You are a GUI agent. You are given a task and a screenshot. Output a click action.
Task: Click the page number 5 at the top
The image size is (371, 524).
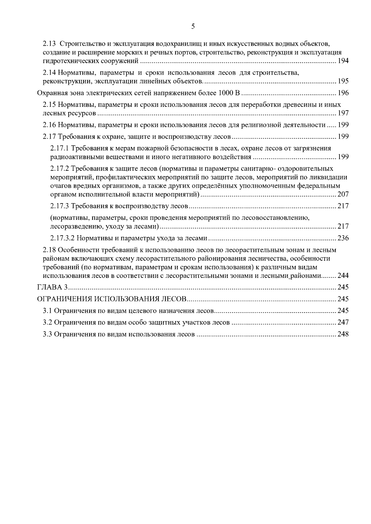click(193, 27)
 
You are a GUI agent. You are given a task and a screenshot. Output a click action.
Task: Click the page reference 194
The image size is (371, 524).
click(343, 61)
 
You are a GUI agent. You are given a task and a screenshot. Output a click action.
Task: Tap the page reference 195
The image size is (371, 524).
click(343, 82)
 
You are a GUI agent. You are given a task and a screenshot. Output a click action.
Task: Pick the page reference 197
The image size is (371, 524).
click(343, 113)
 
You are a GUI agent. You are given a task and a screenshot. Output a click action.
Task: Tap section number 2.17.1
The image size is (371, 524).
click(60, 149)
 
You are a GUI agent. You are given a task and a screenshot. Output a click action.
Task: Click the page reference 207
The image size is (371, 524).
click(343, 195)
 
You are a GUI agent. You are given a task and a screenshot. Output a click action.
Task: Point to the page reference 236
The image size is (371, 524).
click(343, 238)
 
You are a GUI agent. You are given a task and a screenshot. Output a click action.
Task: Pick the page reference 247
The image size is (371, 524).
click(343, 323)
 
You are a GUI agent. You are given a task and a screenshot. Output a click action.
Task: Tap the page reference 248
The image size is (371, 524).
click(343, 334)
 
